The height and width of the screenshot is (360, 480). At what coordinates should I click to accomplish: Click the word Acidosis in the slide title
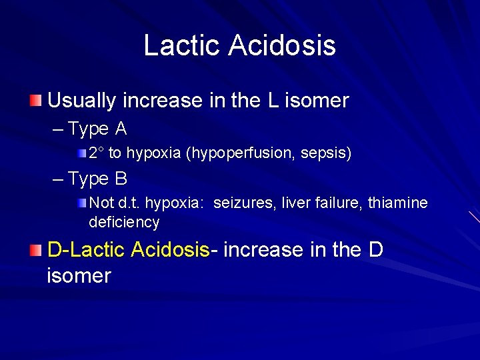[x=282, y=45]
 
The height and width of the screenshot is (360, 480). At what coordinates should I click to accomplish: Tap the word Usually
[x=79, y=101]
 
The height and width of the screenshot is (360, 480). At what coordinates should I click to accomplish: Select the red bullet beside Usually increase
[x=36, y=101]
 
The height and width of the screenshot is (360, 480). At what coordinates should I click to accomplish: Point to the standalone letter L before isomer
[x=273, y=101]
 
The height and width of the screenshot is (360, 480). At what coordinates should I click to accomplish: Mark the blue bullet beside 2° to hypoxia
[x=81, y=153]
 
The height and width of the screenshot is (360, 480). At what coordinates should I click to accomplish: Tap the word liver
[x=289, y=203]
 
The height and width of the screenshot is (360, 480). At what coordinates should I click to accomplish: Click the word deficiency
[x=124, y=222]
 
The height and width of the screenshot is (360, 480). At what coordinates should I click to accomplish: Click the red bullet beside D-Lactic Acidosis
[x=36, y=250]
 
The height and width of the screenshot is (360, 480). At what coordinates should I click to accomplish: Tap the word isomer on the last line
[x=79, y=275]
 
